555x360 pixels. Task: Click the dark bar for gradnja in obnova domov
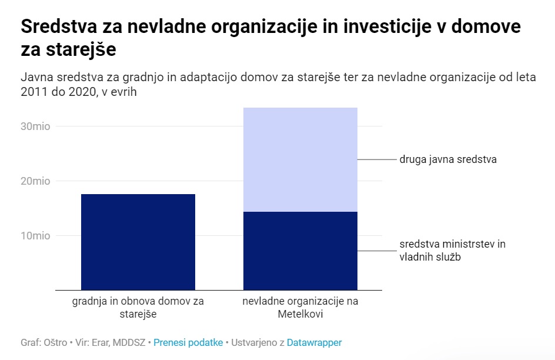[138, 242]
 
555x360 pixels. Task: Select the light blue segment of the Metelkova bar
[300, 159]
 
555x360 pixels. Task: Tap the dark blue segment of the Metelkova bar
[300, 251]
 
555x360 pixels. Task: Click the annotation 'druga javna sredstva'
[448, 159]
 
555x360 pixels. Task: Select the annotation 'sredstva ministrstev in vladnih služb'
[452, 250]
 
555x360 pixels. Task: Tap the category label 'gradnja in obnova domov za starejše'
[138, 308]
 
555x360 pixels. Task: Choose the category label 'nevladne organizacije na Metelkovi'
[300, 308]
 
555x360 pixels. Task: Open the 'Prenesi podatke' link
[188, 342]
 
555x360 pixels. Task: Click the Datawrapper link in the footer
[314, 342]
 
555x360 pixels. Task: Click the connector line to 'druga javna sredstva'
[377, 159]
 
